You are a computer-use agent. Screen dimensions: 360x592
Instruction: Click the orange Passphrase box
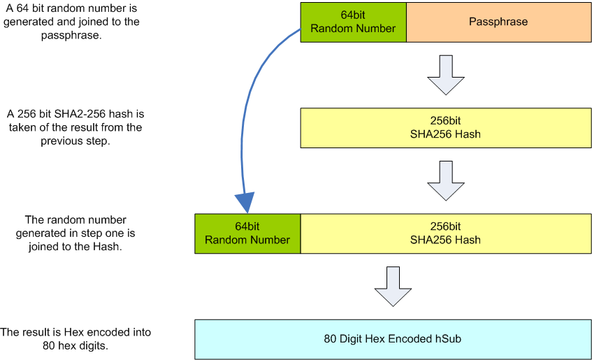point(498,22)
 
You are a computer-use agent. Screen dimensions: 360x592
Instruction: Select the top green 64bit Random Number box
point(353,22)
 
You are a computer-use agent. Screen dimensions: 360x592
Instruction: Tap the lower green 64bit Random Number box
point(247,233)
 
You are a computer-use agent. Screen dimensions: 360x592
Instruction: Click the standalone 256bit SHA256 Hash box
point(445,128)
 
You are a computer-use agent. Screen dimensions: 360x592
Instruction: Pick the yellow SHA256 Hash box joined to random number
point(445,233)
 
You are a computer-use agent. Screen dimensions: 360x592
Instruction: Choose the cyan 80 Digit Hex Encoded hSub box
point(392,339)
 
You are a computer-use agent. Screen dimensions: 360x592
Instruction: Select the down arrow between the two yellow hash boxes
point(445,181)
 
